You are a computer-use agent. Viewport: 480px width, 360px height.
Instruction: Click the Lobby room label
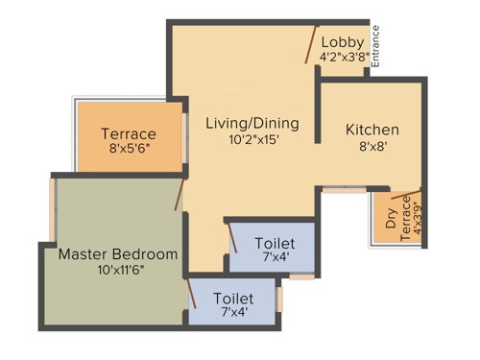coord(342,41)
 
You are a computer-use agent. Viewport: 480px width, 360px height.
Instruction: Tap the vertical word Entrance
coord(376,45)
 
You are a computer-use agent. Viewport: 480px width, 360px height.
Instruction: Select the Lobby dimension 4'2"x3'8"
coord(342,58)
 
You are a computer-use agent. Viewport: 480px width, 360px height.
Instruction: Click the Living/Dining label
coord(252,123)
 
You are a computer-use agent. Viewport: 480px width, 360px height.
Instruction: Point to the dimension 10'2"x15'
coord(252,139)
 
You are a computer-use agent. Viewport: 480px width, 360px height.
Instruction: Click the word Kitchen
coord(372,130)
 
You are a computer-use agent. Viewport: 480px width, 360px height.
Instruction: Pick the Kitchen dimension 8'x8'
coord(372,147)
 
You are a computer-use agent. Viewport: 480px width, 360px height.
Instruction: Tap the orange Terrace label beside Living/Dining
coord(130,134)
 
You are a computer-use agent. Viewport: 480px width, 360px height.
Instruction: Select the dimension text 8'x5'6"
coord(130,150)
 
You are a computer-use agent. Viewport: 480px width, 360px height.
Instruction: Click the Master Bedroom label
coord(118,254)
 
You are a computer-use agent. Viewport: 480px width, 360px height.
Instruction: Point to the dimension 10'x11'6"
coord(118,271)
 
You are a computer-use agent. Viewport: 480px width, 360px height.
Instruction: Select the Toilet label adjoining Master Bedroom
coord(234,298)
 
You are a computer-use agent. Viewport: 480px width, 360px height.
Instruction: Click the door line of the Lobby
coord(310,42)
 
